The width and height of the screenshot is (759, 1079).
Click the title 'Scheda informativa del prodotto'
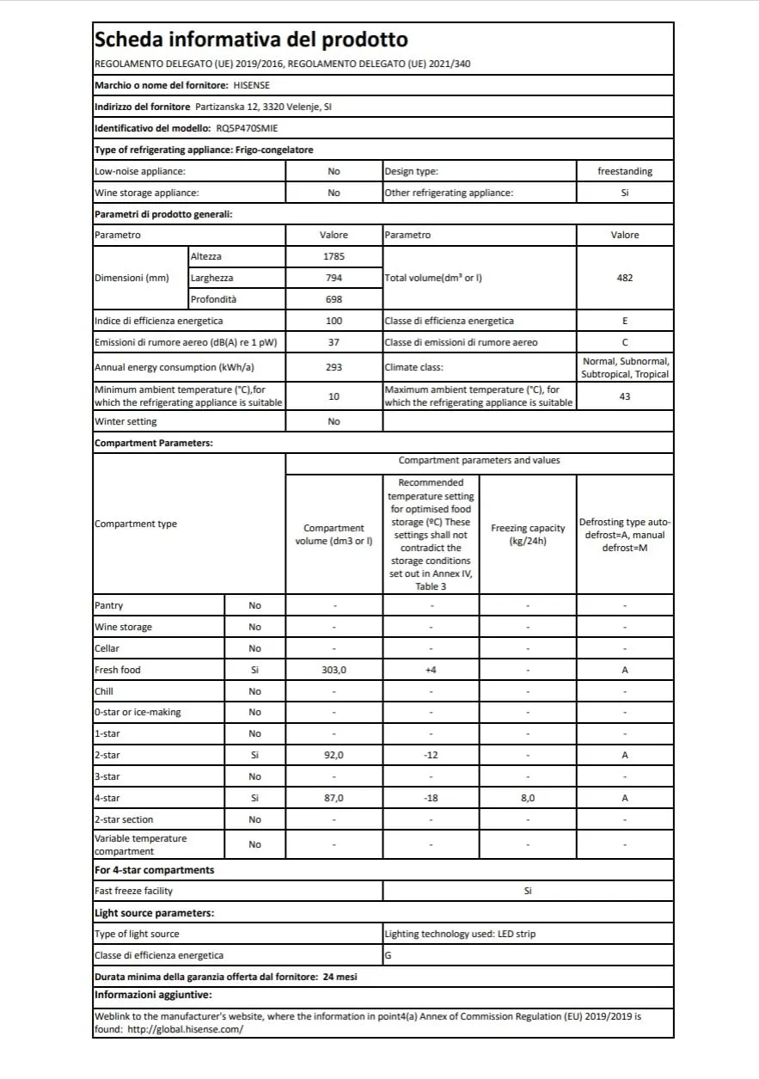tap(250, 40)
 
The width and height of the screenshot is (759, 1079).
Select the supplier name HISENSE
tap(251, 86)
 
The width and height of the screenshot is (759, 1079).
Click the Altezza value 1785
tap(334, 256)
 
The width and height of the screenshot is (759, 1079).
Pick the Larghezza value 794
tap(334, 278)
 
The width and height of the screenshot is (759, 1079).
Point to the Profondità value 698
tap(334, 299)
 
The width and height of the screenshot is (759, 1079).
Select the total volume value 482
tap(624, 278)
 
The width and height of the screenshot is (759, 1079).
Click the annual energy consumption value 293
tap(334, 367)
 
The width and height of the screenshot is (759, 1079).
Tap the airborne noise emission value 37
tap(334, 342)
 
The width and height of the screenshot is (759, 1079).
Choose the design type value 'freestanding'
tap(624, 171)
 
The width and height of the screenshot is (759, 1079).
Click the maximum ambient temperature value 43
tap(624, 396)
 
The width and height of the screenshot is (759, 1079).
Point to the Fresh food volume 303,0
tap(334, 670)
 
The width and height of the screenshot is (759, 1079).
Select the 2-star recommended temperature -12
tap(431, 755)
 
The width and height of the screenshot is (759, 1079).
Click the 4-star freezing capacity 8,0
tap(527, 798)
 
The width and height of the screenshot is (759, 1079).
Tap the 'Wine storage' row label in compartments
tap(123, 627)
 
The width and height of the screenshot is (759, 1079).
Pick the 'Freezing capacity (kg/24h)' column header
tap(527, 534)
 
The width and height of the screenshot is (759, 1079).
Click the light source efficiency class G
tap(389, 955)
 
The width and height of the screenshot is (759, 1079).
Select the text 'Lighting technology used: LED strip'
tap(460, 934)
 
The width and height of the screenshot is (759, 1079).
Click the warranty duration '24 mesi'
tap(340, 977)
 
